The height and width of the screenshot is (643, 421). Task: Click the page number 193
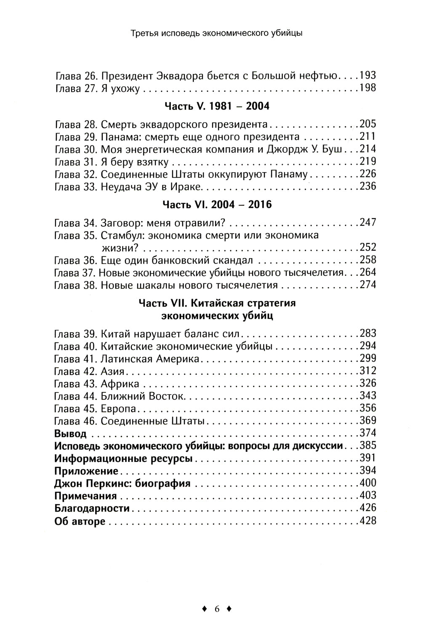368,76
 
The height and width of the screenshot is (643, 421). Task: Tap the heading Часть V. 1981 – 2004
217,106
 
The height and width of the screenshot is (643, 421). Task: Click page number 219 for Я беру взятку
368,162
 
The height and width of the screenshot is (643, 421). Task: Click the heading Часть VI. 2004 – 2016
217,205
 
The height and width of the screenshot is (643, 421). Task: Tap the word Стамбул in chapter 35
121,235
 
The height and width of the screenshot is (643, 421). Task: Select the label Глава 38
76,285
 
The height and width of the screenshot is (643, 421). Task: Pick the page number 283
368,334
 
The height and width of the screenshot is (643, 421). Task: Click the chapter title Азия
113,371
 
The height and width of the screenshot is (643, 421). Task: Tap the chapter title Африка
120,384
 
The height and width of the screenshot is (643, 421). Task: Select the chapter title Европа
119,408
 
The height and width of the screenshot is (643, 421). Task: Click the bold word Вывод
71,433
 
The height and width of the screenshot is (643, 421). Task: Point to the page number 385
368,446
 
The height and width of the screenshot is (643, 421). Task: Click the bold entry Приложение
86,471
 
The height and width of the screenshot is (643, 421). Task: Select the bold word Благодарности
92,508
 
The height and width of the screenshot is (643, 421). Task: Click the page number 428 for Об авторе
368,521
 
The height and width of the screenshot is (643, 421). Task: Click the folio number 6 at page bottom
217,609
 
